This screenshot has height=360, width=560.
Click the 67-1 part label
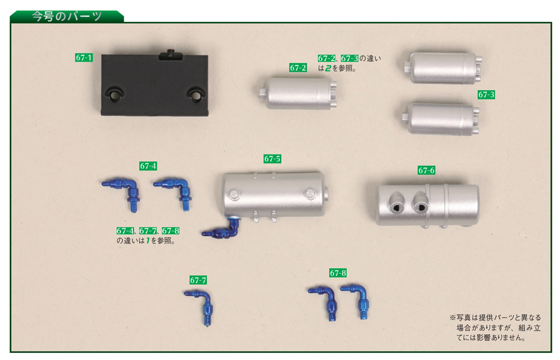84,58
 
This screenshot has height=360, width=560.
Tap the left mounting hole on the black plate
114,94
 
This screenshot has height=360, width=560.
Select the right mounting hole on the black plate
197,94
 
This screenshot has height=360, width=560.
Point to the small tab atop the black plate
170,55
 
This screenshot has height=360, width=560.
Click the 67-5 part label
273,159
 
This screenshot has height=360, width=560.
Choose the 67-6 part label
426,170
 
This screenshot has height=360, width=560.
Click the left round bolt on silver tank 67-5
234,194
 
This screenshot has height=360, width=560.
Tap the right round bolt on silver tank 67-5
310,194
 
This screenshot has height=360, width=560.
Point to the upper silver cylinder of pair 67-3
444,68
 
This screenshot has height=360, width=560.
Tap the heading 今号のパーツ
67,16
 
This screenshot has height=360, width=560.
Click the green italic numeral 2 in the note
328,68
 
